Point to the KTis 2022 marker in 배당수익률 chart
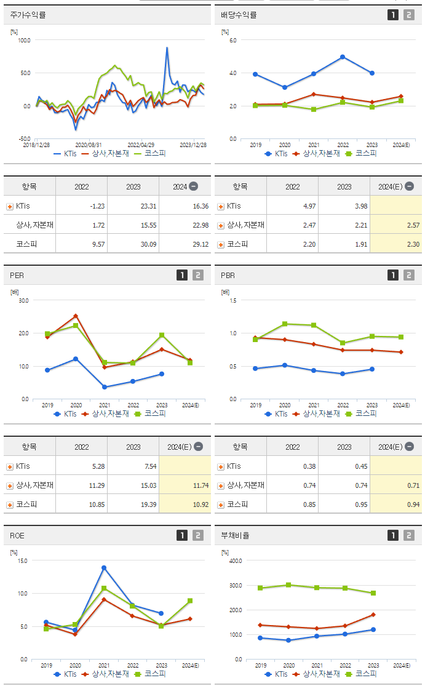343,57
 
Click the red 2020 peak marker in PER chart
76,316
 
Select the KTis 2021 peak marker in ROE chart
104,567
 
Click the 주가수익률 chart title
28,15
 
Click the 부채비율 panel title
236,535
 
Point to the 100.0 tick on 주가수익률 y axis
25,40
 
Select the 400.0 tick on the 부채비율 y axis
235,560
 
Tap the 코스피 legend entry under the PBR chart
363,413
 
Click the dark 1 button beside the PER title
181,275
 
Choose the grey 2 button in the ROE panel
198,535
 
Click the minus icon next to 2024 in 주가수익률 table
193,186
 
